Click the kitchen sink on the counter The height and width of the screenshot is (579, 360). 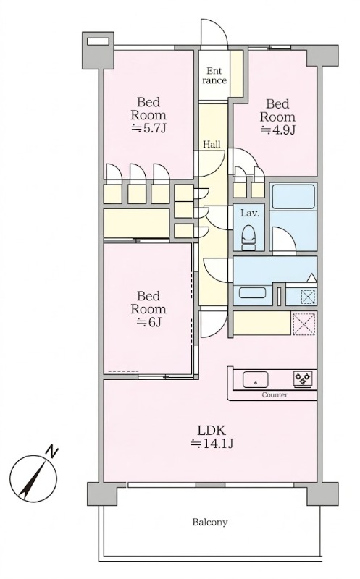[x=255, y=379]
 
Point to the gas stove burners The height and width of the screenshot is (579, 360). [x=302, y=379]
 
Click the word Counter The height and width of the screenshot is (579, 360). [x=275, y=394]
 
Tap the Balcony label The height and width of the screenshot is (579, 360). [x=210, y=522]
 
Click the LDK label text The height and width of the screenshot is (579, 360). [x=212, y=430]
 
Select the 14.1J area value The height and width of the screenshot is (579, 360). [x=212, y=444]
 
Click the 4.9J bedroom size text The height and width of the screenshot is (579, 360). [x=277, y=130]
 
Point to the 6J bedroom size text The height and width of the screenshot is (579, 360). [x=148, y=322]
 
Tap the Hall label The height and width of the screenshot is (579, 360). [x=212, y=144]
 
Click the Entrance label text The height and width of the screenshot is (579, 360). [x=214, y=75]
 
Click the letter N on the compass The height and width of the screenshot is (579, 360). [x=51, y=452]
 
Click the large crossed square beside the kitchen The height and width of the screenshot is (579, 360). [x=304, y=324]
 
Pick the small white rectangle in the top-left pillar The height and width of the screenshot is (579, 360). [x=98, y=41]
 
